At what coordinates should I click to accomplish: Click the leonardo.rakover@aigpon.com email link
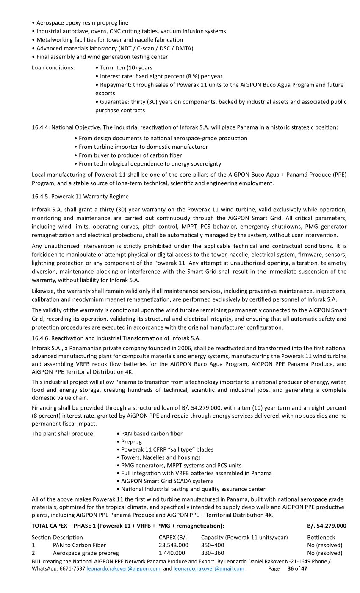point(123,568)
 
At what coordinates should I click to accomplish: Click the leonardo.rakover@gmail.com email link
point(209,568)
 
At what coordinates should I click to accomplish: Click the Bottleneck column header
point(321,538)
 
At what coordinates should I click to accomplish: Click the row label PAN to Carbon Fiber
point(79,545)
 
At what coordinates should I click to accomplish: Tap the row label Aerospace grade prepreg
point(86,553)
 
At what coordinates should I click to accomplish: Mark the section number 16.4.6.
point(41,338)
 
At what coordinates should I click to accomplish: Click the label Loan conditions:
point(53,68)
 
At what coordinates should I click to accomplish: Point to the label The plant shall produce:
point(64,434)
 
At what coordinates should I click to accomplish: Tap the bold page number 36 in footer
point(291,568)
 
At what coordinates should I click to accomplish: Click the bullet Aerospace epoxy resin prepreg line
point(82,23)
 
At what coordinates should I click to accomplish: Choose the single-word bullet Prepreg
point(131,442)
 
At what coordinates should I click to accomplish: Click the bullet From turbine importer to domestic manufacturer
point(143,147)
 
